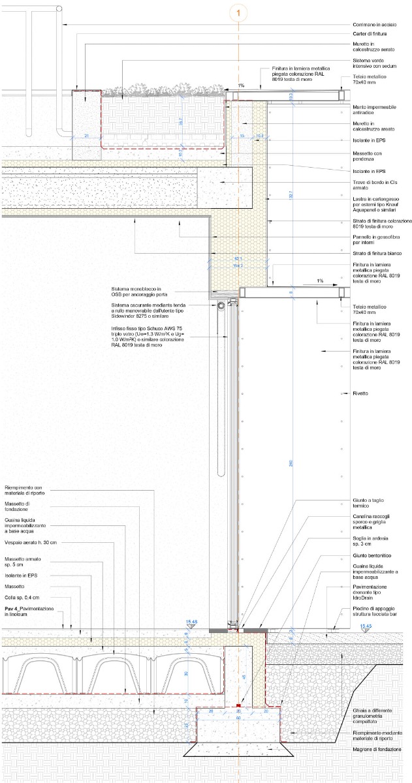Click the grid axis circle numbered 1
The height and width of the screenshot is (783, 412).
click(x=240, y=12)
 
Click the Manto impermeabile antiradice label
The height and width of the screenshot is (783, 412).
click(x=366, y=110)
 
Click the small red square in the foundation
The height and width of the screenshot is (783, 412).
click(x=239, y=706)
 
